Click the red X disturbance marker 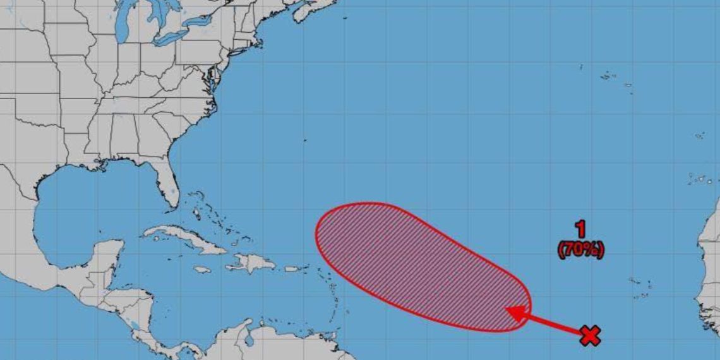click(589, 336)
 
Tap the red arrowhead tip click(509, 310)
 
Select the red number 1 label click(580, 230)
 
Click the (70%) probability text click(580, 250)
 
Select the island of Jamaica click(202, 270)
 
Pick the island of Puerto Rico click(291, 268)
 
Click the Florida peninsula click(166, 183)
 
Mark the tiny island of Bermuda click(304, 140)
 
